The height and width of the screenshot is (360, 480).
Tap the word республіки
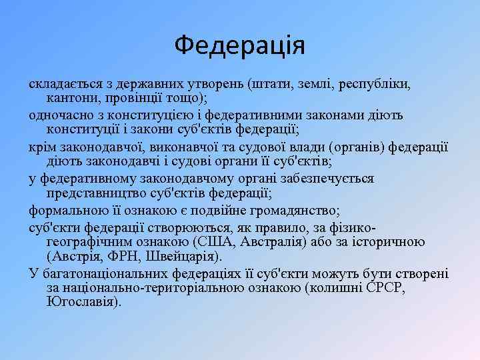pyautogui.click(x=375, y=85)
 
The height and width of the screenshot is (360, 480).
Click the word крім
pyautogui.click(x=42, y=147)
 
